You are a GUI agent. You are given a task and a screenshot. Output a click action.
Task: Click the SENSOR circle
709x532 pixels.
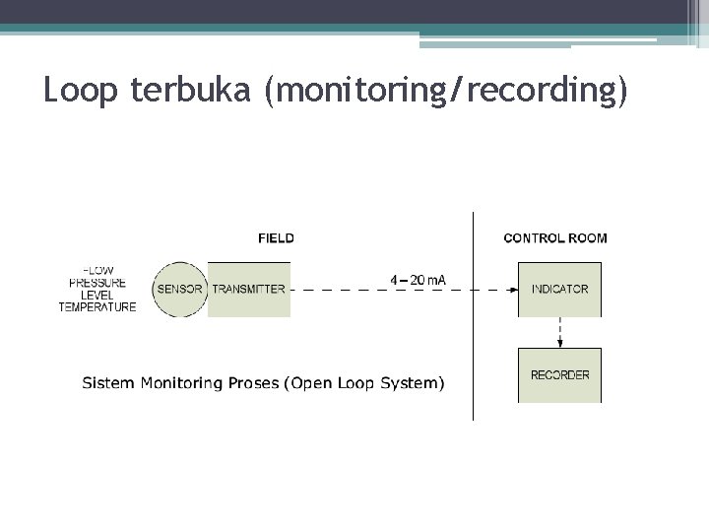[179, 289]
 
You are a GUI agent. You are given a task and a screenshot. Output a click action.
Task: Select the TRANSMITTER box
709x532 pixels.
[249, 289]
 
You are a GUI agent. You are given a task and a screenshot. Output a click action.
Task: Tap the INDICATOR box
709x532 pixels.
[559, 289]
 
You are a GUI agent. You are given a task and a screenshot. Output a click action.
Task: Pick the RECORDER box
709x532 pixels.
[559, 374]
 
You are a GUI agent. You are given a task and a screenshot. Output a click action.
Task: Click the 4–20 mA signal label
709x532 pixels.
[418, 280]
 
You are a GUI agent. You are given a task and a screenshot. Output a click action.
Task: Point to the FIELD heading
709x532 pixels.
[276, 237]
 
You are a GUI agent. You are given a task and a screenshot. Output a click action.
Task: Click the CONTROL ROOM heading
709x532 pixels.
[555, 237]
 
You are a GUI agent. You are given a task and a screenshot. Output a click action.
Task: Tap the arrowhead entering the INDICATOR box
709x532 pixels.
[513, 290]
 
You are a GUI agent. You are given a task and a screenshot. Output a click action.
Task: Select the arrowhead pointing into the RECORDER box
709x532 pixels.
[559, 343]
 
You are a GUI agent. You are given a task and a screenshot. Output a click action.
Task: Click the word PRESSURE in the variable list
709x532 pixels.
[97, 283]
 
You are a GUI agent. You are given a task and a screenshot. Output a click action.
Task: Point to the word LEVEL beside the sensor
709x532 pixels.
[97, 295]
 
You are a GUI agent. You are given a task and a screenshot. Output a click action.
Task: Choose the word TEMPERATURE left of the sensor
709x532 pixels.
[97, 306]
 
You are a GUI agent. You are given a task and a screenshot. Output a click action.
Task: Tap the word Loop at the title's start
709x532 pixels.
[77, 91]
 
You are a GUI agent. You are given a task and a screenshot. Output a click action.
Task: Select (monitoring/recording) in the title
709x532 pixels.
[444, 92]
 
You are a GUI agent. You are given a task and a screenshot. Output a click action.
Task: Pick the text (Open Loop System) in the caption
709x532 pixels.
[363, 382]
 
